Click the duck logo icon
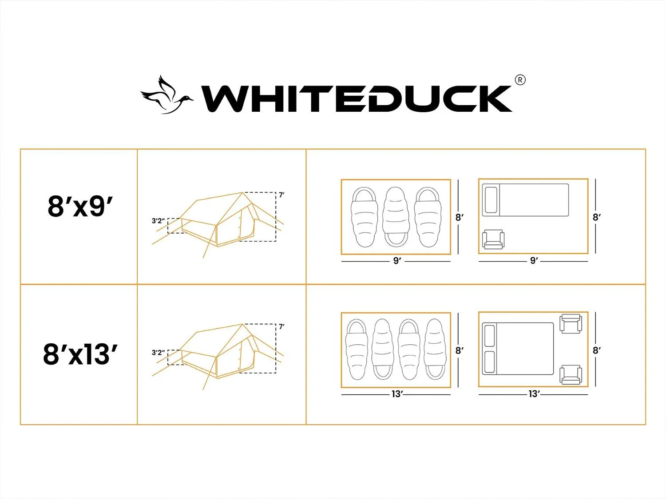click(166, 95)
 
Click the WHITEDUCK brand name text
click(357, 99)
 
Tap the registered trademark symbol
click(520, 80)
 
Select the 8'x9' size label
click(80, 206)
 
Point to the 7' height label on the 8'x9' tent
click(281, 195)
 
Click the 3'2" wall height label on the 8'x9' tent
click(158, 220)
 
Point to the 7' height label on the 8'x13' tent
click(281, 326)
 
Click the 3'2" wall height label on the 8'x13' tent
click(158, 352)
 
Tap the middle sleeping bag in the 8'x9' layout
click(396, 217)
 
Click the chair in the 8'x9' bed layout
click(493, 240)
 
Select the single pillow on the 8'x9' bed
click(491, 200)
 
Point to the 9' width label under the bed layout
click(534, 260)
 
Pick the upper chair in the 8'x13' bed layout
click(571, 324)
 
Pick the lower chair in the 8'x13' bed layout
click(571, 375)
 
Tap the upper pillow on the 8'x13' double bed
click(489, 336)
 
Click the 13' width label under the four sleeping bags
click(397, 394)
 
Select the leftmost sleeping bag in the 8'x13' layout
click(357, 350)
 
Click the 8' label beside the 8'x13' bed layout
click(596, 350)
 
